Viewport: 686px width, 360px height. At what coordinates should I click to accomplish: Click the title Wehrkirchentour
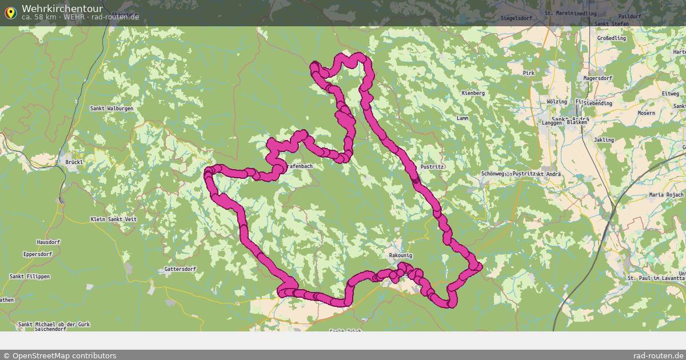(x=62, y=9)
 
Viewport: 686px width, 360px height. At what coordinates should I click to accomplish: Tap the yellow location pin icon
(x=10, y=12)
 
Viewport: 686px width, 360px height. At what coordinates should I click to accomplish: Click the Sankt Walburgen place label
(x=111, y=109)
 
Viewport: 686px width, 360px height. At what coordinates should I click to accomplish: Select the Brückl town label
(x=74, y=162)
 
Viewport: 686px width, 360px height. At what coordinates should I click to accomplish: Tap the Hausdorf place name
(x=48, y=242)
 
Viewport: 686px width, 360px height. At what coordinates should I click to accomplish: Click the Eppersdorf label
(x=38, y=254)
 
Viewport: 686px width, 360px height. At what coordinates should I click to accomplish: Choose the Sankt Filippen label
(x=30, y=277)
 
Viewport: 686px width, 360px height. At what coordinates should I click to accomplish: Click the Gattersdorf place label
(x=180, y=269)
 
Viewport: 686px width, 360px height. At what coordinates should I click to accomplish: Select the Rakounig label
(x=400, y=255)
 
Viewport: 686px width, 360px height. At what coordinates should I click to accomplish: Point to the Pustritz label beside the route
(x=432, y=166)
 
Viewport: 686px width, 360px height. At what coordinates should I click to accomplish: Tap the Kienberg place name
(x=473, y=93)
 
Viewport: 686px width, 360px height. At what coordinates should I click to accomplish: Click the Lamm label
(x=462, y=118)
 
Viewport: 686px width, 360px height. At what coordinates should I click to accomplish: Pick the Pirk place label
(x=528, y=73)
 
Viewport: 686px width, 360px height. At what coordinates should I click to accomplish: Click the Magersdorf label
(x=597, y=78)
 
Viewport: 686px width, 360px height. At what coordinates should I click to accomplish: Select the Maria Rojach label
(x=666, y=195)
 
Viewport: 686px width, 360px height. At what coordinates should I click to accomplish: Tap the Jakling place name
(x=604, y=140)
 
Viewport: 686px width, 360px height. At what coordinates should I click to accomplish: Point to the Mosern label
(x=646, y=113)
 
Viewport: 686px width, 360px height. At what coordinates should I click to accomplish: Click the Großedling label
(x=611, y=38)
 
